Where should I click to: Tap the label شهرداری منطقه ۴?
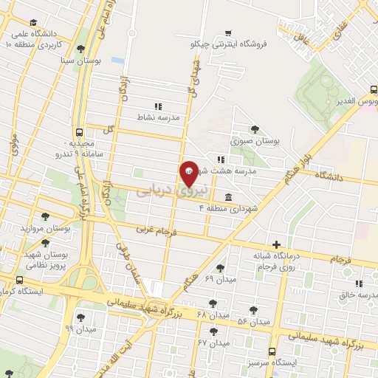(x=230, y=209)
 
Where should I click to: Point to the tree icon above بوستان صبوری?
(x=255, y=128)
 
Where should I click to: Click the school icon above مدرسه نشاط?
(x=157, y=106)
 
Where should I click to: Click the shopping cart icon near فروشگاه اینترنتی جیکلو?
(x=229, y=32)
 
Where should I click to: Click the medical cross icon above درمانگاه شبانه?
(x=276, y=244)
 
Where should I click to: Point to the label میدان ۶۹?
(x=219, y=279)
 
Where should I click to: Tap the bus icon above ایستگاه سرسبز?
(x=272, y=351)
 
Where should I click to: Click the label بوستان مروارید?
(x=47, y=228)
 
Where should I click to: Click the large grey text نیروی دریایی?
(x=164, y=190)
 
